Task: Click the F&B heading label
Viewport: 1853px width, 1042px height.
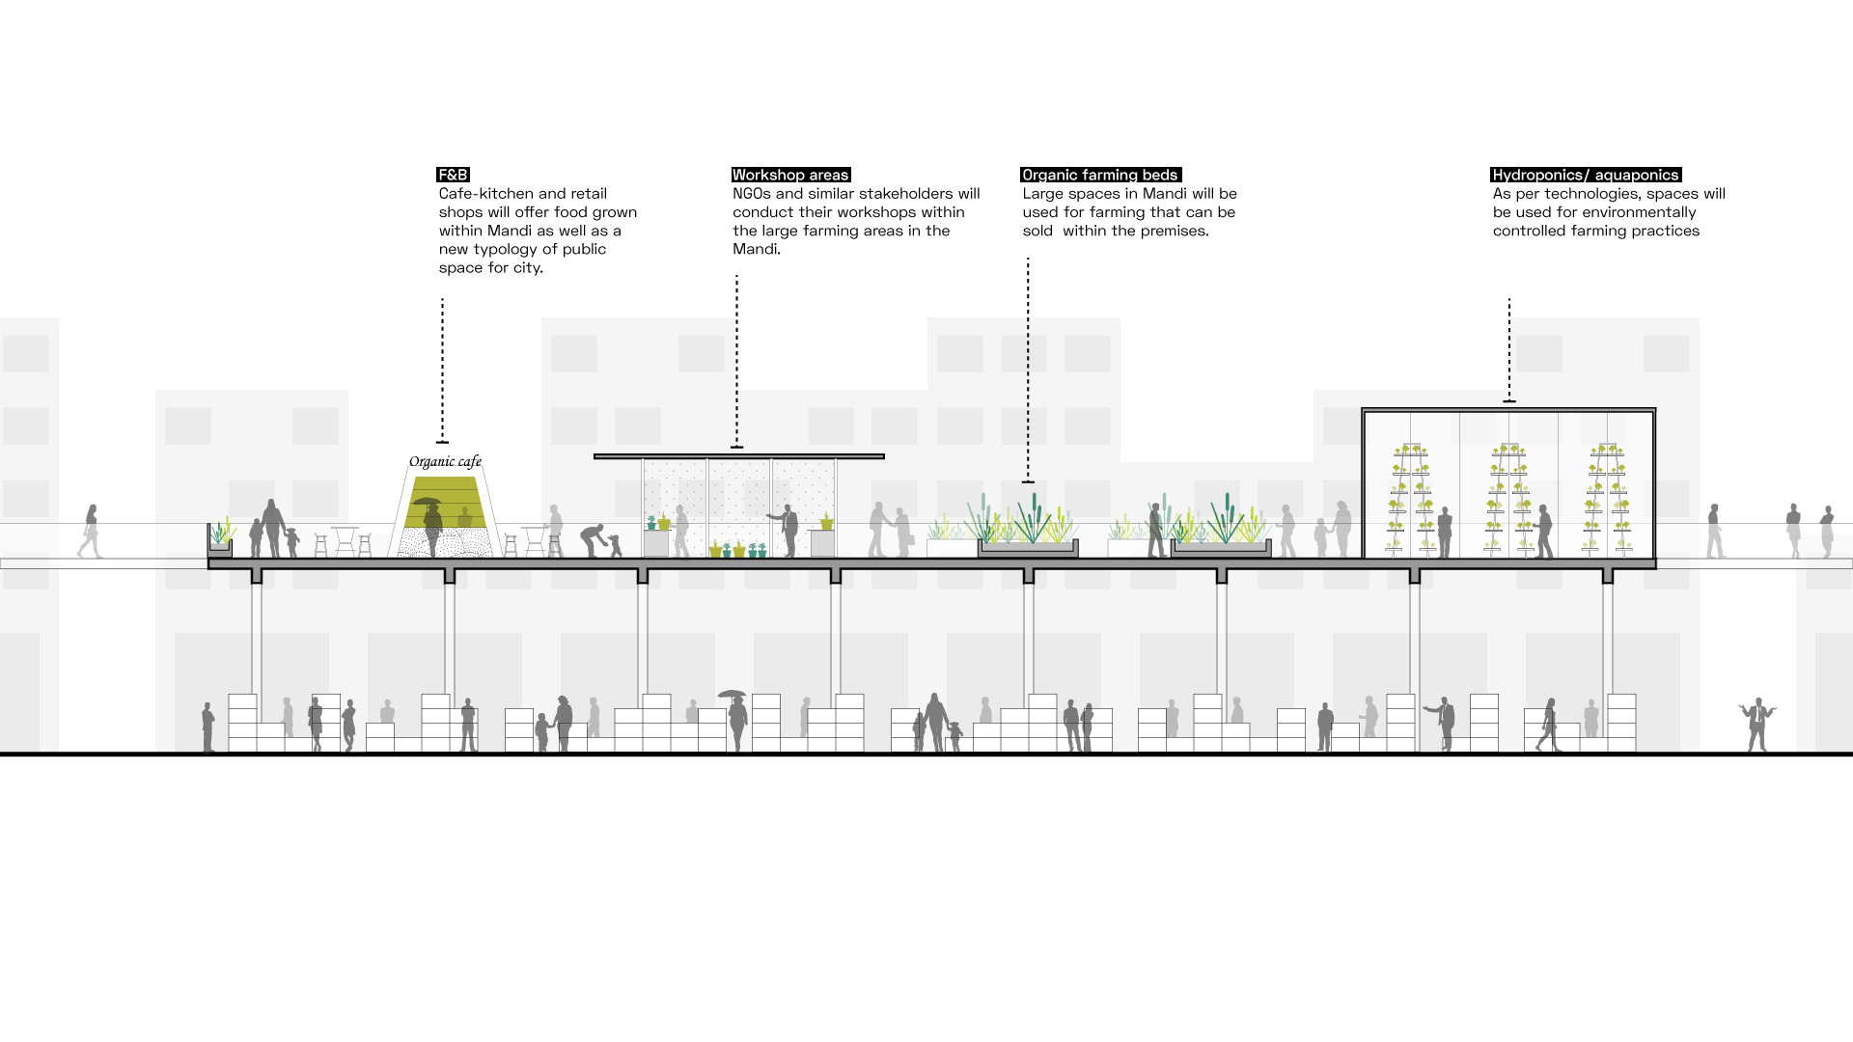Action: click(x=453, y=175)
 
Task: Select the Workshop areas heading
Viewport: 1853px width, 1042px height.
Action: click(x=789, y=175)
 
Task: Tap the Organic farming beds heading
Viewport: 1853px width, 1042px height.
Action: click(x=1099, y=175)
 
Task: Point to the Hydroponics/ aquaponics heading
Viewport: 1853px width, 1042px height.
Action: click(x=1585, y=175)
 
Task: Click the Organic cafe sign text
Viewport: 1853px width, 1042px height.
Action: click(x=445, y=461)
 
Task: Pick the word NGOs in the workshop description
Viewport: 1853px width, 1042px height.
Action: click(x=752, y=194)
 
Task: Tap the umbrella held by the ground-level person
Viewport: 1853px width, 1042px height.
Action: click(x=732, y=694)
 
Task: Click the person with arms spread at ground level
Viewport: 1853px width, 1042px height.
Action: click(x=1757, y=723)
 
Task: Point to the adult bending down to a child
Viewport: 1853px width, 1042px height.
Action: click(x=594, y=539)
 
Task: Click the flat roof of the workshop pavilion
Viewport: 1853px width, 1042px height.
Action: click(x=738, y=456)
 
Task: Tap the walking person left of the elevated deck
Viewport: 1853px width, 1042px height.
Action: click(x=91, y=531)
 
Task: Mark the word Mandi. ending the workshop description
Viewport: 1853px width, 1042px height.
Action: click(x=756, y=249)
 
